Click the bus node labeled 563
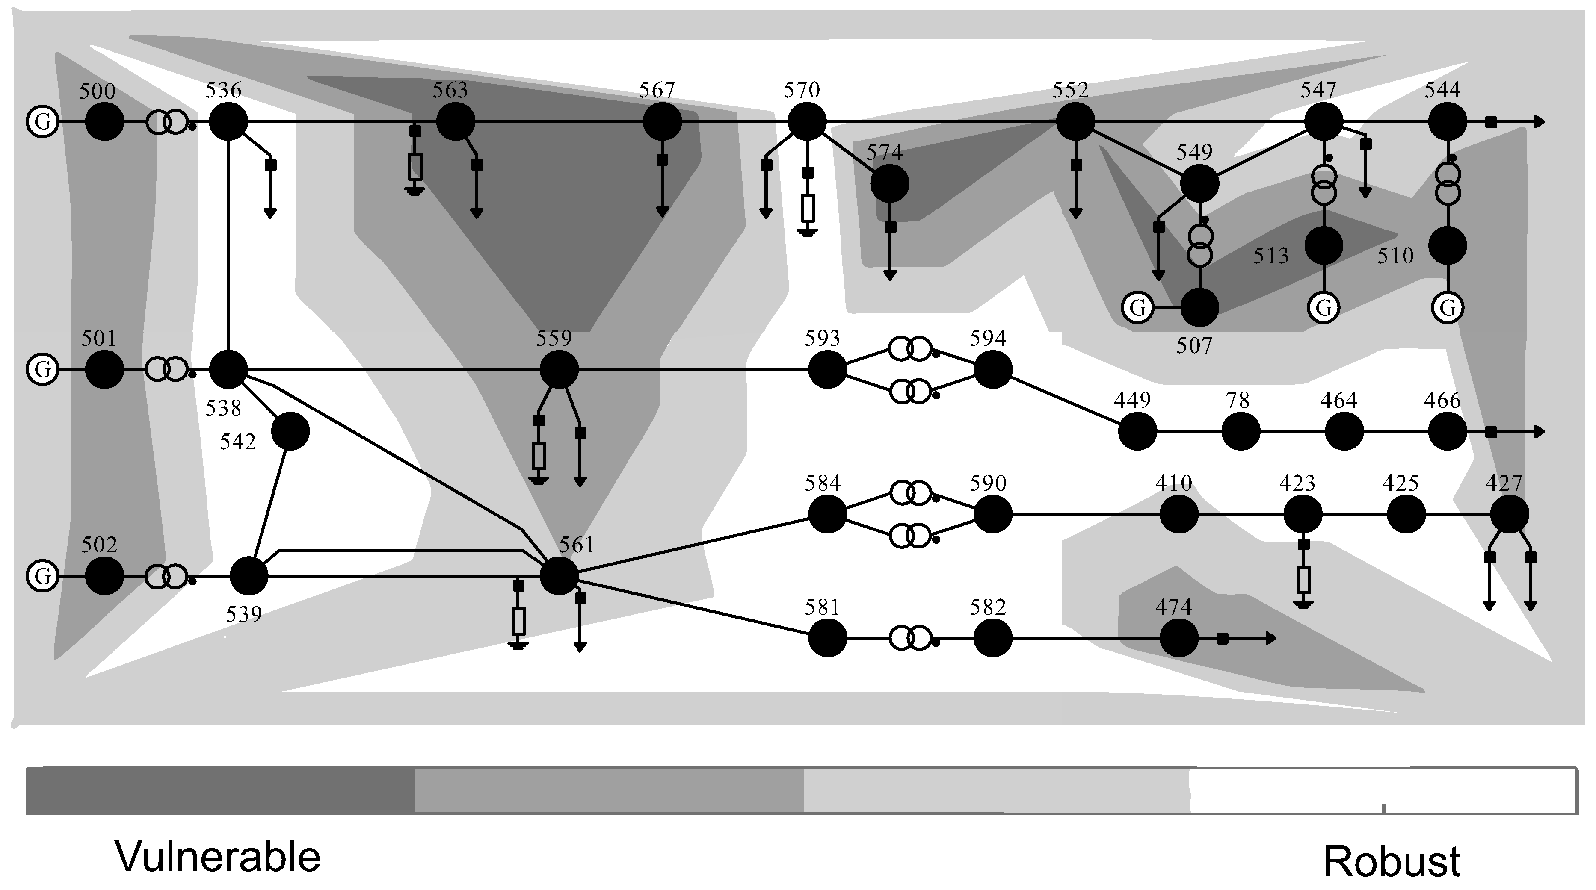tap(456, 122)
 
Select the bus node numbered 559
tap(559, 370)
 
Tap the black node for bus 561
tap(559, 576)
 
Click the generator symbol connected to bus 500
tap(42, 121)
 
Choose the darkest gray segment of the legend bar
tap(220, 791)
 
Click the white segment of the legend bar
tap(1382, 791)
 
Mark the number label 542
tap(238, 442)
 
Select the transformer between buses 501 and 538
tap(166, 370)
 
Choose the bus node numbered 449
tap(1137, 432)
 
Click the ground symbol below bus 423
tap(1303, 603)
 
